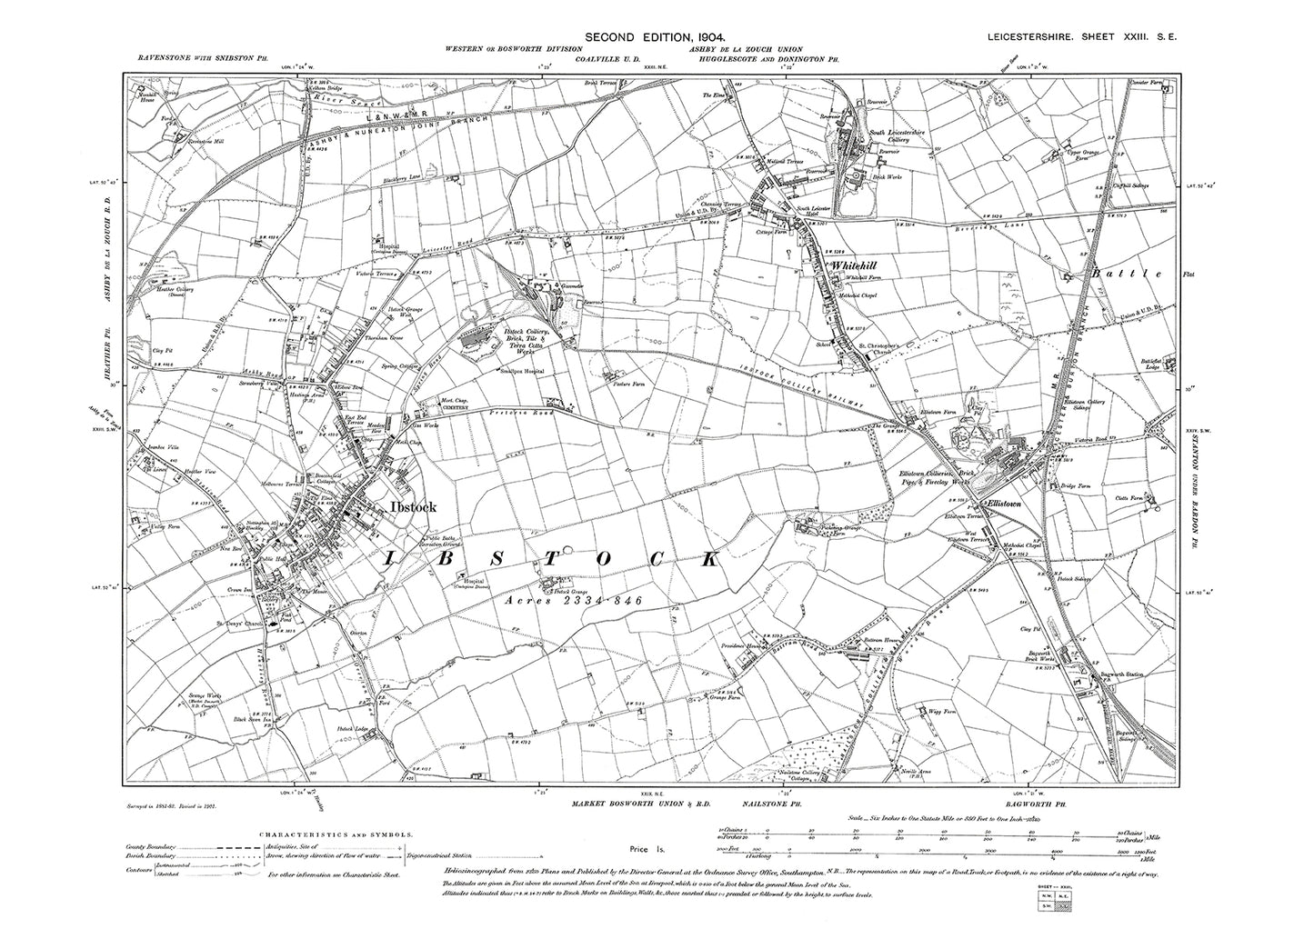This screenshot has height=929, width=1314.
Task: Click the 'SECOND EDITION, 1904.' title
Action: click(x=657, y=11)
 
